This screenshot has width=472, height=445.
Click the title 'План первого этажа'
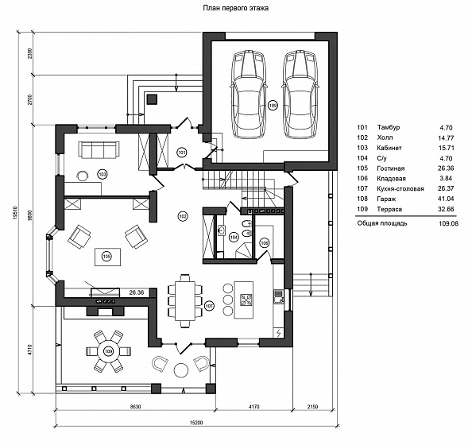pos(236,8)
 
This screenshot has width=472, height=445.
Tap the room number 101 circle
pos(181,153)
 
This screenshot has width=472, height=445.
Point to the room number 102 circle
pos(183,216)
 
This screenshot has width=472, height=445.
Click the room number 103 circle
pos(103,174)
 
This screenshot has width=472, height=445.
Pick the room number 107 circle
pos(209,306)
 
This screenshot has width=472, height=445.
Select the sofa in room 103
pos(99,149)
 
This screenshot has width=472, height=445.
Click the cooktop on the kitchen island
pos(246,300)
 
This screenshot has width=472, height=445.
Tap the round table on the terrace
pos(108,351)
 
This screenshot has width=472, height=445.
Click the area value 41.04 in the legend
pos(446,199)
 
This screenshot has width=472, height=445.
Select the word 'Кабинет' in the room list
pos(389,148)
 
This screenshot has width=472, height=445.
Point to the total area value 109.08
pos(448,223)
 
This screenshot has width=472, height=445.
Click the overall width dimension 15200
pos(196,423)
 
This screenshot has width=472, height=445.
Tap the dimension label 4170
pos(253,407)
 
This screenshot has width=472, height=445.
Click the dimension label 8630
pos(135,407)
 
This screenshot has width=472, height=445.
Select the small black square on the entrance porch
pos(153,99)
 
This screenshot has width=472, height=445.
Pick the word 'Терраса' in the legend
pos(389,209)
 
